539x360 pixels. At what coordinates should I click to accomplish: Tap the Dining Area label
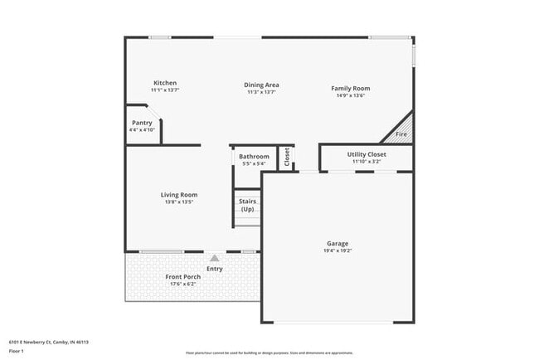tap(261, 85)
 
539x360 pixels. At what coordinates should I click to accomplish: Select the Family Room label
tap(350, 88)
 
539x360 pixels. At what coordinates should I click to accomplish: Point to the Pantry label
tap(142, 123)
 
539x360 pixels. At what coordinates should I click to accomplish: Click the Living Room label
tap(178, 194)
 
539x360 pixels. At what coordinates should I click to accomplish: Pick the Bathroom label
tap(254, 156)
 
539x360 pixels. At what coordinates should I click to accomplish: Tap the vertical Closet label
tap(287, 157)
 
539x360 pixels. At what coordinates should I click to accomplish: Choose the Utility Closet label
tap(366, 154)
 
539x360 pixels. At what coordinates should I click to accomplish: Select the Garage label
tap(337, 243)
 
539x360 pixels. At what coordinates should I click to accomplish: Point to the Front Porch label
tap(182, 276)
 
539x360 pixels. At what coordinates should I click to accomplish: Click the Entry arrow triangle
tap(214, 259)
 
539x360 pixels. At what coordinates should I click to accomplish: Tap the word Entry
tap(214, 268)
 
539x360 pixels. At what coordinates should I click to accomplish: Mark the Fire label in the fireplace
tap(401, 134)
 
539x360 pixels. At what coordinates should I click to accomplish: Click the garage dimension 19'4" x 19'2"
tap(337, 250)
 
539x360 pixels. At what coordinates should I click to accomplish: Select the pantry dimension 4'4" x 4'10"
tap(142, 130)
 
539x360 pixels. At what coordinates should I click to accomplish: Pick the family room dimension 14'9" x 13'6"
tap(350, 95)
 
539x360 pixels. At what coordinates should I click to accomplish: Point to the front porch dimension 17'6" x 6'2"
tap(182, 284)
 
